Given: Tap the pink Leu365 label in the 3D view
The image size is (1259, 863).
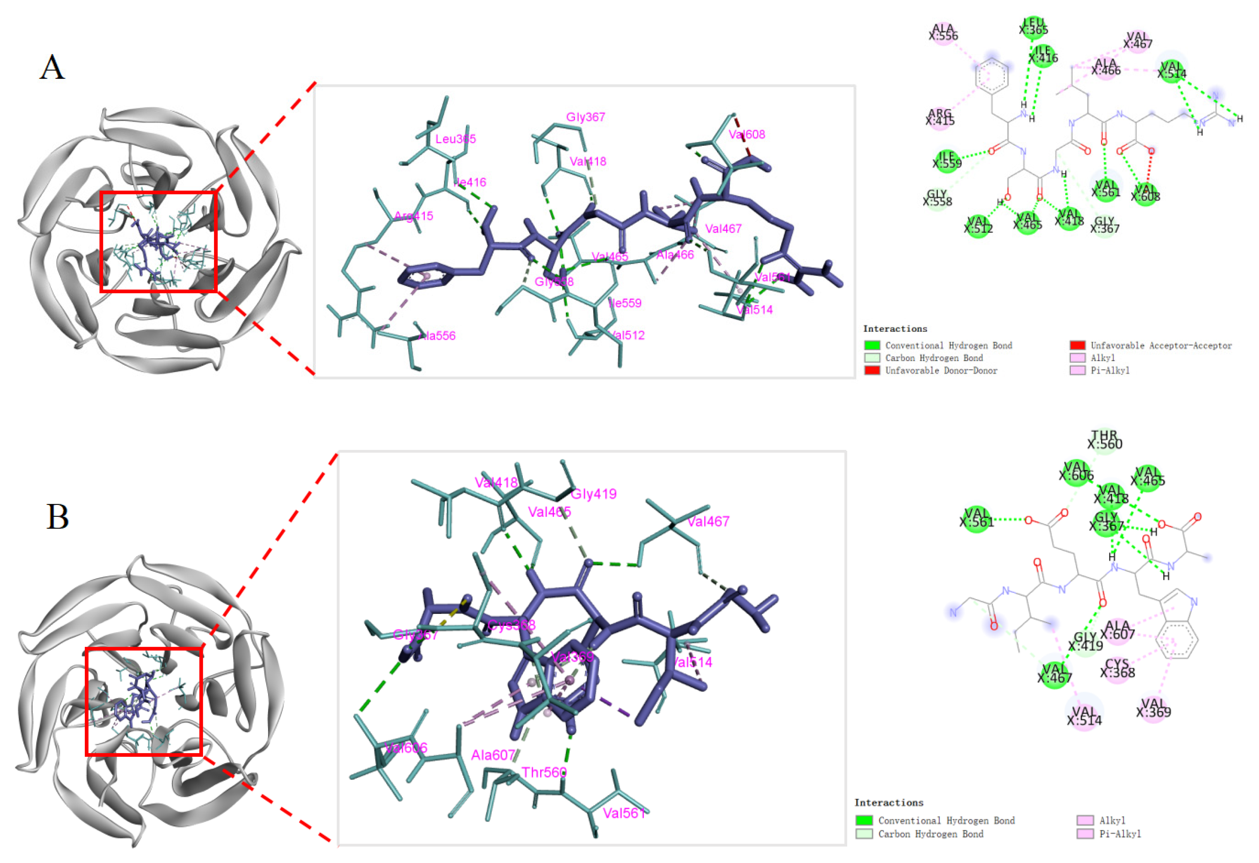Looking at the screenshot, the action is pyautogui.click(x=455, y=139).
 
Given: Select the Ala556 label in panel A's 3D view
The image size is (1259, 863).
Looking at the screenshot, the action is pyautogui.click(x=437, y=336).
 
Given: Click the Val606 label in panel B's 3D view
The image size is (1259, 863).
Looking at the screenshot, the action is pyautogui.click(x=406, y=748).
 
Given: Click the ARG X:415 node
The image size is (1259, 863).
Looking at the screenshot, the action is pyautogui.click(x=940, y=117).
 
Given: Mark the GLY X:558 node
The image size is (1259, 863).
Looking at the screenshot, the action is pyautogui.click(x=937, y=198).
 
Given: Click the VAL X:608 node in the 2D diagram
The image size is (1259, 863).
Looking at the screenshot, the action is pyautogui.click(x=1145, y=193).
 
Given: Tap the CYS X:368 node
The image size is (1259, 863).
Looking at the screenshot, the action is pyautogui.click(x=1117, y=668).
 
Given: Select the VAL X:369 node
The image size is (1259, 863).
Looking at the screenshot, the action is pyautogui.click(x=1154, y=709).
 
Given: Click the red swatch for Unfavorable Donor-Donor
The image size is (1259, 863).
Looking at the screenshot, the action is pyautogui.click(x=872, y=370).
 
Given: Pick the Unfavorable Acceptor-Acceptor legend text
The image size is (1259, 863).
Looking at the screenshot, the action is pyautogui.click(x=1161, y=346).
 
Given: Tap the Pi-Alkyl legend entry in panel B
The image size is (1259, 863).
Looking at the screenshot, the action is pyautogui.click(x=1120, y=834).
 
